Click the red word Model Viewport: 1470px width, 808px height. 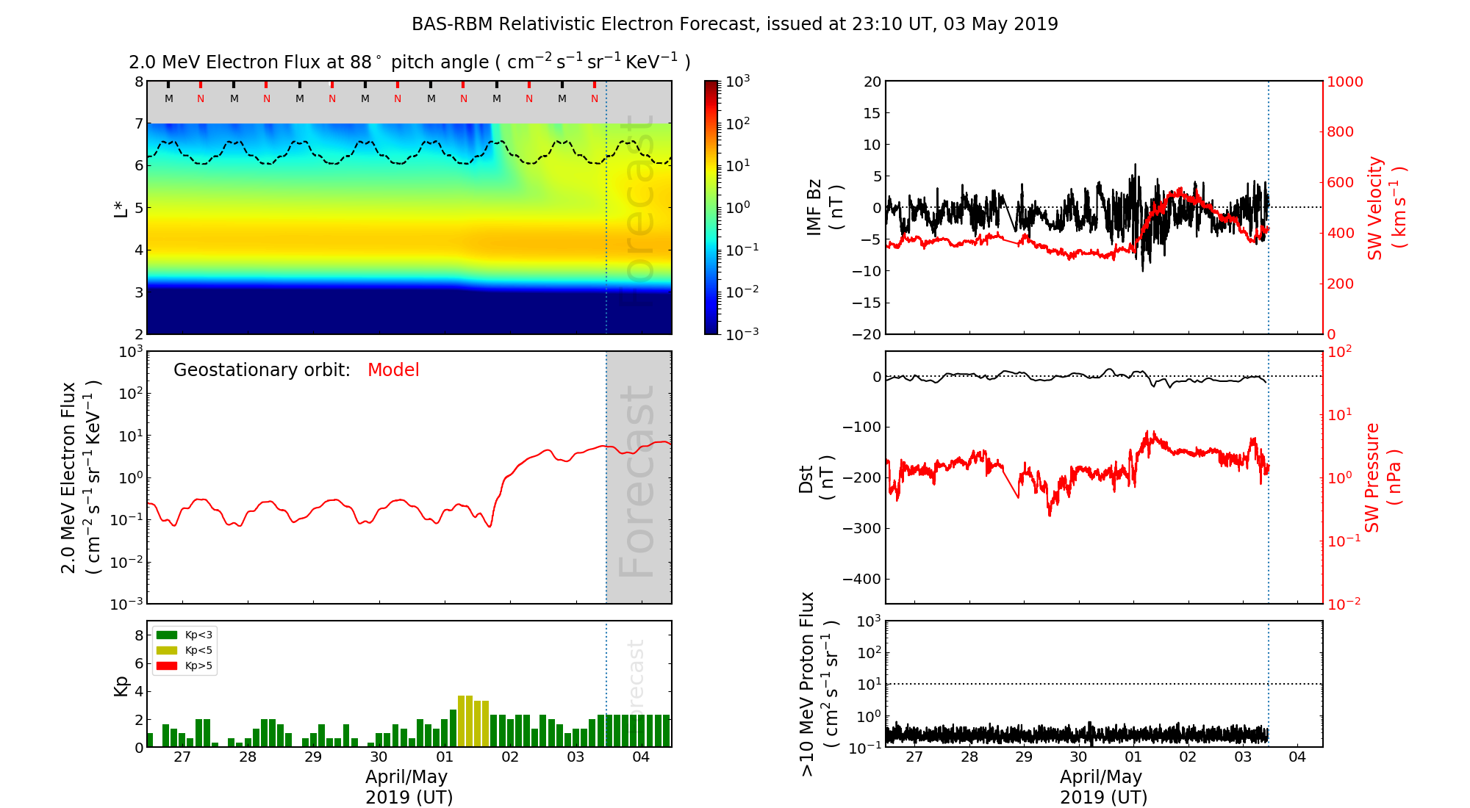[393, 370]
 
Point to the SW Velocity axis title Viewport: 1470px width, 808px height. [1385, 208]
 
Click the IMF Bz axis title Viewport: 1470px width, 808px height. [824, 208]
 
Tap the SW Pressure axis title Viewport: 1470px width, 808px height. [1383, 478]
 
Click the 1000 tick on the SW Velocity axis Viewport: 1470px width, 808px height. [1344, 82]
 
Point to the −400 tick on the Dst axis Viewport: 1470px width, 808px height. [861, 579]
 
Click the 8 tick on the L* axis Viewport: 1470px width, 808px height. [138, 82]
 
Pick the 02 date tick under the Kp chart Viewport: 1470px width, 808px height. [510, 757]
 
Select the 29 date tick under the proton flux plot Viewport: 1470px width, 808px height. [1024, 757]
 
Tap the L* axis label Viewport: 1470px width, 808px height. [121, 208]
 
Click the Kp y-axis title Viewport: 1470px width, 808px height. [121, 685]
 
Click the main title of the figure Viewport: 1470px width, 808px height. [734, 24]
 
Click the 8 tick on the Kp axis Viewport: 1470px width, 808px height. [138, 635]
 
